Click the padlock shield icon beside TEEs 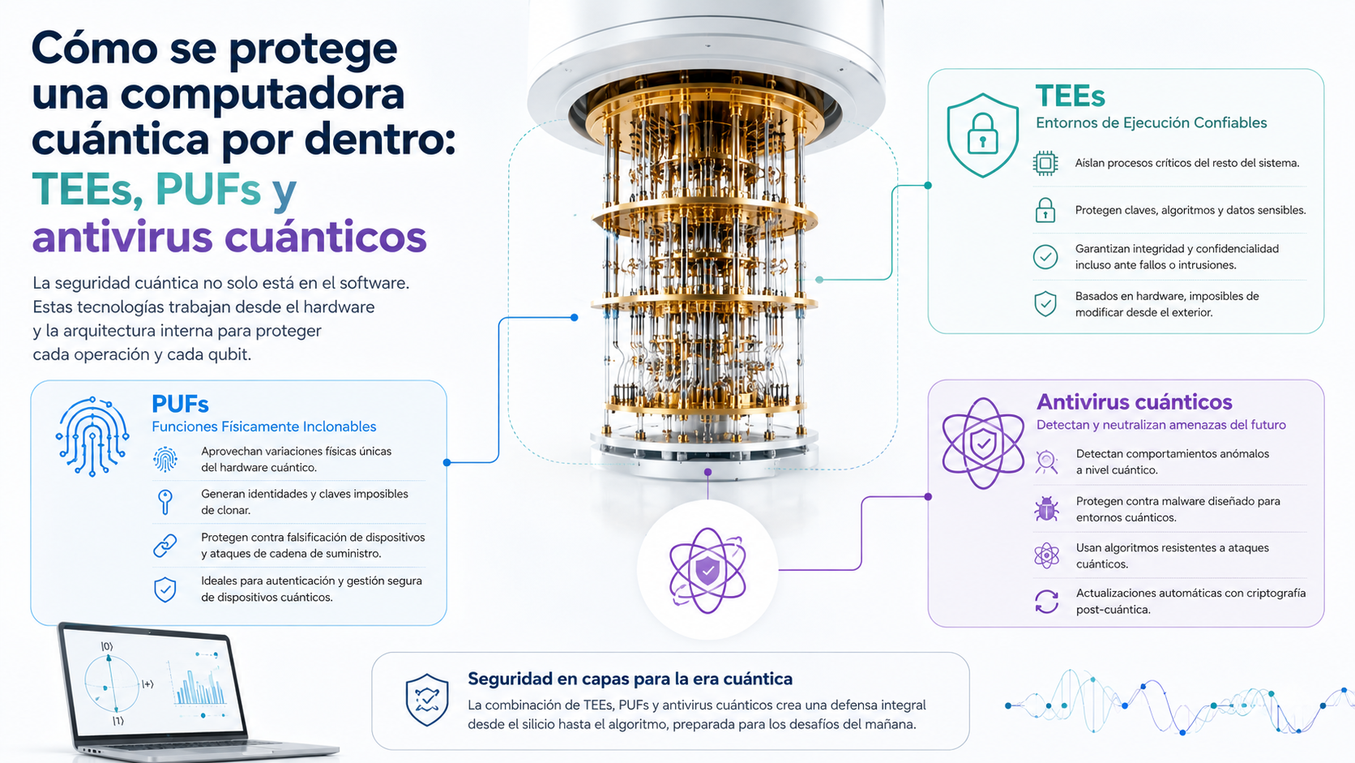pos(982,135)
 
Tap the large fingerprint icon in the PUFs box pos(92,436)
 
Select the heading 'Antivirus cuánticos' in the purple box pos(1135,401)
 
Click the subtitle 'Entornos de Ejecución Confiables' pos(1151,122)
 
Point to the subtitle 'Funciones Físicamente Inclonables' pos(263,427)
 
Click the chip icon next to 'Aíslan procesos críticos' pos(1045,163)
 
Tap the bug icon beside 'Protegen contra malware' pos(1046,509)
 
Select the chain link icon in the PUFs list pos(165,546)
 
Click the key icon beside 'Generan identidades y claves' pos(165,502)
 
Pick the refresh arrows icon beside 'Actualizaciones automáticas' pos(1046,602)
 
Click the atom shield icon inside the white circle pos(707,571)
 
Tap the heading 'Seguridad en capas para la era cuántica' pos(630,679)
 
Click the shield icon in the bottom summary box pos(427,700)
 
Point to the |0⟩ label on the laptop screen pos(107,647)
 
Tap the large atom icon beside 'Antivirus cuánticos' pos(983,444)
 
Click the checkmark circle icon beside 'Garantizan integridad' pos(1045,257)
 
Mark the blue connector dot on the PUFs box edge pos(447,463)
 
